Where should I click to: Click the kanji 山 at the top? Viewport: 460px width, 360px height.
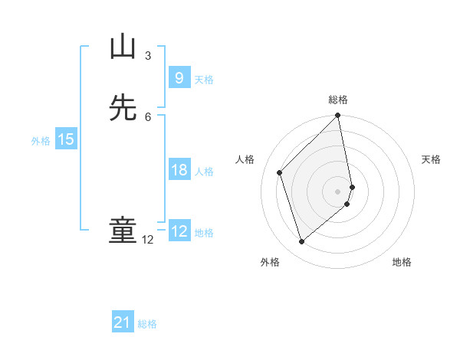click(x=123, y=47)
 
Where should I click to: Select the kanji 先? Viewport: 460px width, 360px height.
click(x=123, y=108)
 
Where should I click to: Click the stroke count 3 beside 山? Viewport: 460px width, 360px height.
click(x=148, y=56)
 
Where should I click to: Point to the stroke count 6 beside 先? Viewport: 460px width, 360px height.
click(x=148, y=116)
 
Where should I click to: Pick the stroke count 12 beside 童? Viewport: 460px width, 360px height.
click(x=148, y=240)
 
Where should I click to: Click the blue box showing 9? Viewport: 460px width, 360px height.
click(x=179, y=77)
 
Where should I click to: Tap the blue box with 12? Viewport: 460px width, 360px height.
click(x=179, y=231)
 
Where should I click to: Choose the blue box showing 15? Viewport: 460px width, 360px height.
click(x=65, y=139)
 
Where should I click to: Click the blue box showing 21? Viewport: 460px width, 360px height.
click(x=123, y=322)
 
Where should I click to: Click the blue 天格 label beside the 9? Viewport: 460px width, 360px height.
click(x=204, y=80)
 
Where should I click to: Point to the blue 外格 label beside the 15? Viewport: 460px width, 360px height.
click(x=41, y=141)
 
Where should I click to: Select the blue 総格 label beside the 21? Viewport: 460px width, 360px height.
click(x=147, y=324)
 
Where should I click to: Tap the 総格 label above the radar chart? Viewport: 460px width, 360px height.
click(x=338, y=100)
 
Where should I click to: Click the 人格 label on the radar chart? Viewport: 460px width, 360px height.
click(x=245, y=159)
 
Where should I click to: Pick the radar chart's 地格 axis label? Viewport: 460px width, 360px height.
click(x=402, y=262)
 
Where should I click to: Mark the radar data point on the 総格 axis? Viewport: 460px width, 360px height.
click(x=338, y=116)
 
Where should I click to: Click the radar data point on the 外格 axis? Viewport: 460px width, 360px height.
click(x=301, y=242)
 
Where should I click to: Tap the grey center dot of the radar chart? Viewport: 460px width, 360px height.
click(x=338, y=191)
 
